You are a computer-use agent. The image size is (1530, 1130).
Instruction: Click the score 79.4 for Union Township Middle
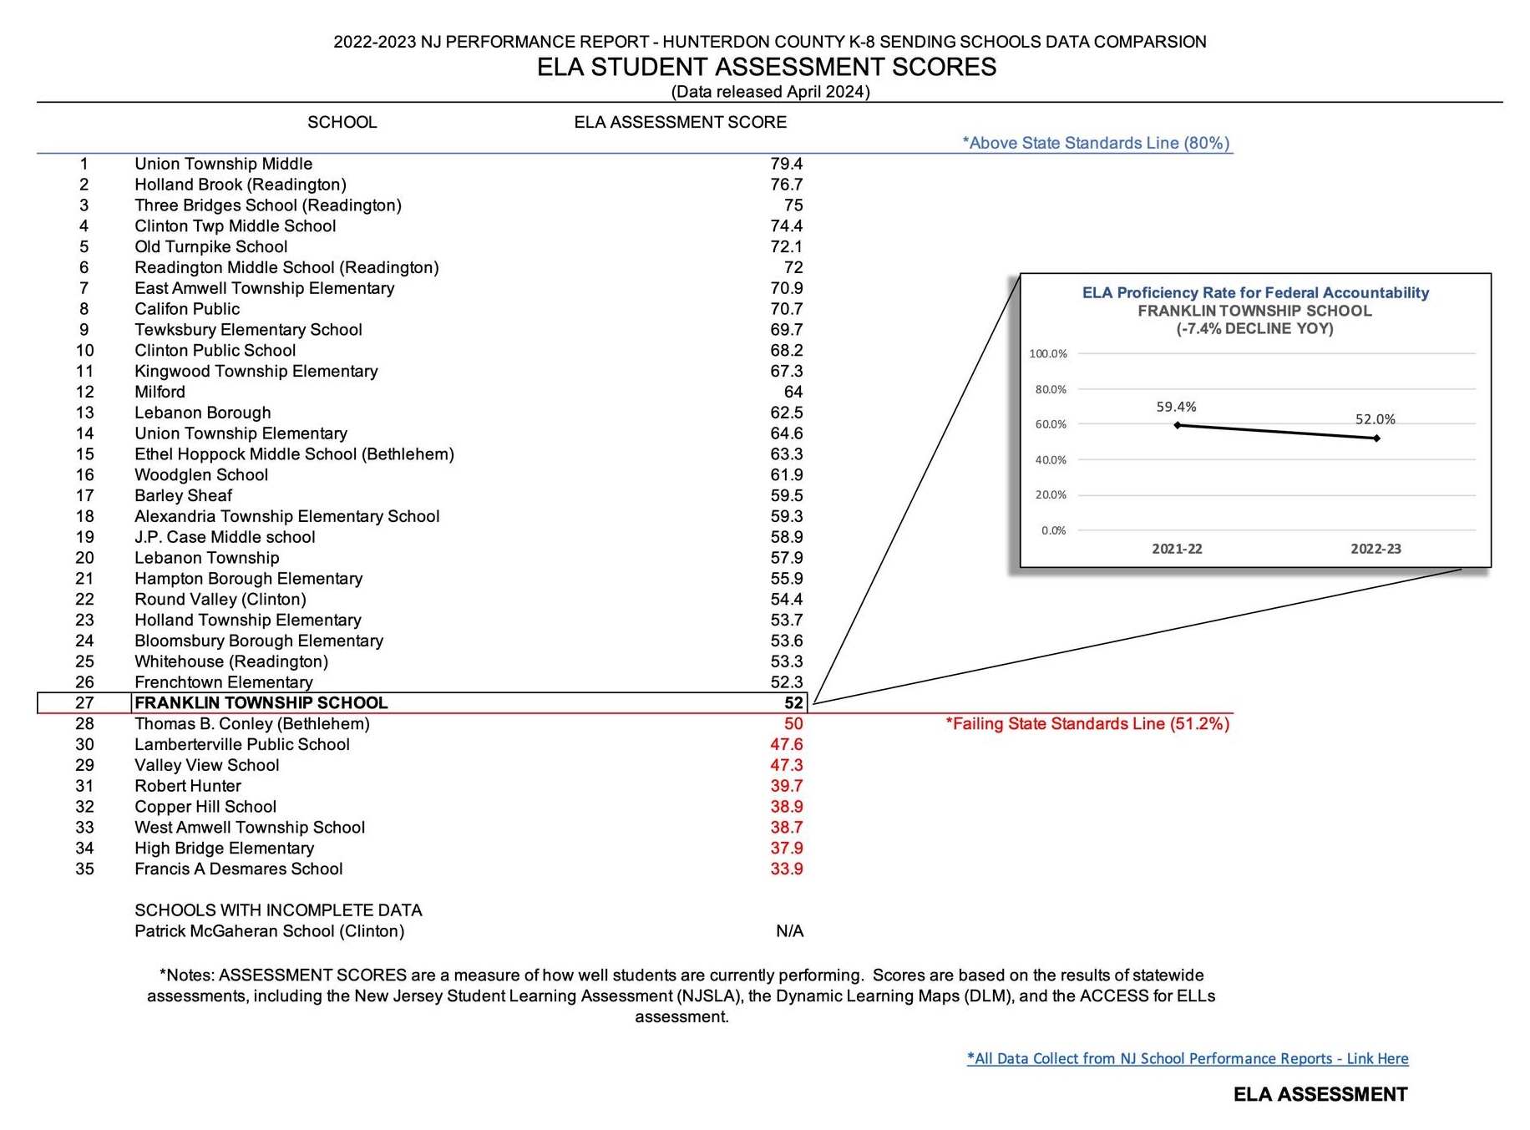pyautogui.click(x=786, y=164)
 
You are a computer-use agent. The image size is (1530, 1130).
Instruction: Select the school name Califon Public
pyautogui.click(x=187, y=309)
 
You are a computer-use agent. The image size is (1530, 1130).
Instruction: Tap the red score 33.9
pyautogui.click(x=786, y=869)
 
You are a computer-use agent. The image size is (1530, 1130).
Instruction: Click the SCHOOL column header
pyautogui.click(x=342, y=122)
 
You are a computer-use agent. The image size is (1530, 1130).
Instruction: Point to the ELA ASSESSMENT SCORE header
pyautogui.click(x=680, y=122)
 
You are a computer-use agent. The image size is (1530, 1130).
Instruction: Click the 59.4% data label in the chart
pyautogui.click(x=1176, y=407)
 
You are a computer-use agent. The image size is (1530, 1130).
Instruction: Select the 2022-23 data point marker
pyautogui.click(x=1376, y=438)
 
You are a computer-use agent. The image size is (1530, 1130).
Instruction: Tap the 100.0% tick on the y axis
pyautogui.click(x=1048, y=353)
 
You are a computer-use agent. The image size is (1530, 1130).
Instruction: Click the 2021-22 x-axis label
pyautogui.click(x=1177, y=549)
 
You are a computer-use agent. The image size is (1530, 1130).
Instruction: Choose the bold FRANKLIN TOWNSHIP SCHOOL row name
pyautogui.click(x=261, y=703)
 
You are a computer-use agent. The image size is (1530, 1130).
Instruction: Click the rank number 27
pyautogui.click(x=84, y=703)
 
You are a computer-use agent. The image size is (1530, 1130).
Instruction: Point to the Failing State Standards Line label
pyautogui.click(x=1087, y=724)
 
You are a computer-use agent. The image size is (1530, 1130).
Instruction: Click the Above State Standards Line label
pyautogui.click(x=1096, y=143)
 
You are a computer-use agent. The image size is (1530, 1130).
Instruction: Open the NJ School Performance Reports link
pyautogui.click(x=1187, y=1058)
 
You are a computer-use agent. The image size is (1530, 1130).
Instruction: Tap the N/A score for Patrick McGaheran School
pyautogui.click(x=789, y=931)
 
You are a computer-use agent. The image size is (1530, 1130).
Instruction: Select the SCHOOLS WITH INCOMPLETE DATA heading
pyautogui.click(x=278, y=910)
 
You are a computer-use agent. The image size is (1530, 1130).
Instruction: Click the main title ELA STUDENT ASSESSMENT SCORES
pyautogui.click(x=766, y=67)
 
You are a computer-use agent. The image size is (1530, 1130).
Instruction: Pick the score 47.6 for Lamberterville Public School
pyautogui.click(x=786, y=744)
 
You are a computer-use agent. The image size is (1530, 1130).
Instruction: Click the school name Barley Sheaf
pyautogui.click(x=183, y=495)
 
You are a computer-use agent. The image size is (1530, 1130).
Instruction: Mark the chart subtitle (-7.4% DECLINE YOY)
pyautogui.click(x=1254, y=328)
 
